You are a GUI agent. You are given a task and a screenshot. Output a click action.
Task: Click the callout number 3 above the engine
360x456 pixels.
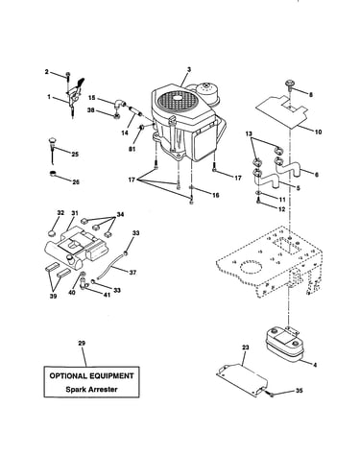tap(189, 69)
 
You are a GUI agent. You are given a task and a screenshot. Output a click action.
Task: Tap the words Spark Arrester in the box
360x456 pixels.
tap(91, 390)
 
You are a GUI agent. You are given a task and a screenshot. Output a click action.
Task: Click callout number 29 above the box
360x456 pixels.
tap(82, 343)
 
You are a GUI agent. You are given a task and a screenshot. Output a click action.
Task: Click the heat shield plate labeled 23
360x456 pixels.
tap(242, 379)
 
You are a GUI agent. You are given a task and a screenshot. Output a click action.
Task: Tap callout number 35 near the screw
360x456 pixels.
tap(299, 391)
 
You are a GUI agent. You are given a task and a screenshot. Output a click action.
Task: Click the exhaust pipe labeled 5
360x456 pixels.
tap(268, 179)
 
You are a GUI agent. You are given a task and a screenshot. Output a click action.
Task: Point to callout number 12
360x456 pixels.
tap(281, 208)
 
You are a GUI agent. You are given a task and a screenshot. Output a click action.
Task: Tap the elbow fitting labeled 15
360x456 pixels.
tap(119, 105)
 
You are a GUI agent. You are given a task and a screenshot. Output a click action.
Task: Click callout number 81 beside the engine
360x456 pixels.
tap(132, 149)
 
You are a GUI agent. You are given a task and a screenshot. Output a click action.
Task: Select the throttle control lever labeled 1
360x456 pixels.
tap(75, 96)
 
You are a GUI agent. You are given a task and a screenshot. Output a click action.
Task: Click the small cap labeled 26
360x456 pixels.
tap(53, 175)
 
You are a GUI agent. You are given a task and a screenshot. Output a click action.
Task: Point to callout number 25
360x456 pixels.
tap(75, 155)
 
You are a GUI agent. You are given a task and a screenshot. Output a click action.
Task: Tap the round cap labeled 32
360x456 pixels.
tap(53, 232)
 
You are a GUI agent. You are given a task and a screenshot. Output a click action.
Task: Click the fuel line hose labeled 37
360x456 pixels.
tap(110, 265)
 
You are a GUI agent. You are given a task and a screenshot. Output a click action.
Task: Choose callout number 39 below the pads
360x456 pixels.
tap(53, 296)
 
